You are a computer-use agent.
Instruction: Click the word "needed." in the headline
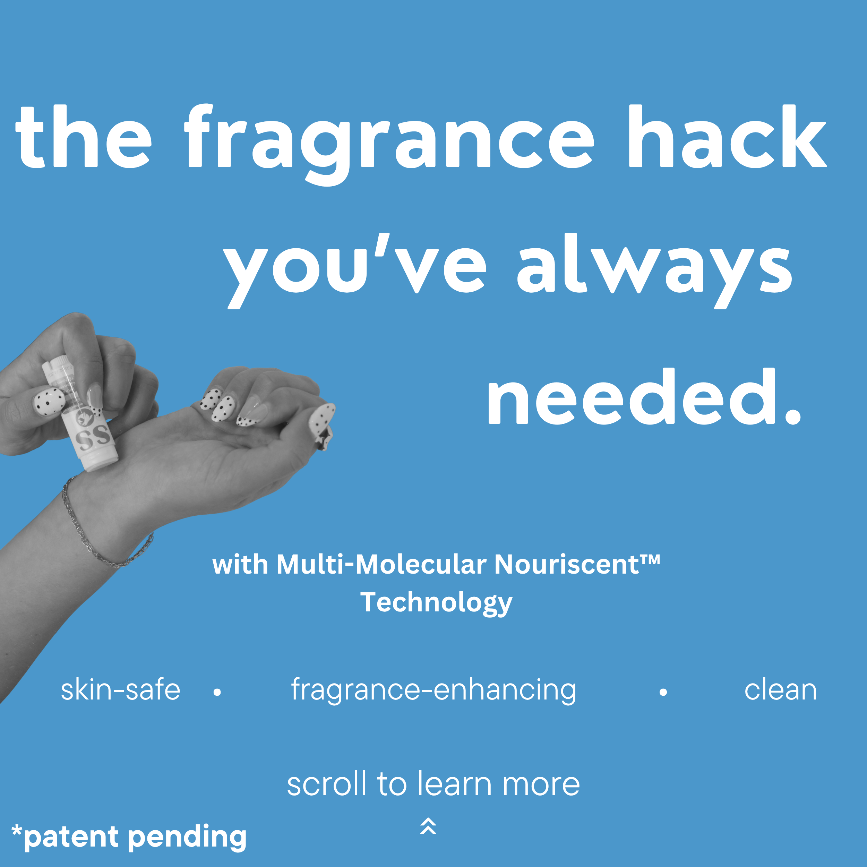644,397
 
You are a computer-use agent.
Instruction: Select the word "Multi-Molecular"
381,564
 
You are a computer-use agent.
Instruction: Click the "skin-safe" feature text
120,690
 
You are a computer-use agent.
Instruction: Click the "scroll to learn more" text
433,784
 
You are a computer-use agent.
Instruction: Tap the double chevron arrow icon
428,826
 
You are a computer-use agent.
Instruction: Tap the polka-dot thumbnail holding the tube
49,402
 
